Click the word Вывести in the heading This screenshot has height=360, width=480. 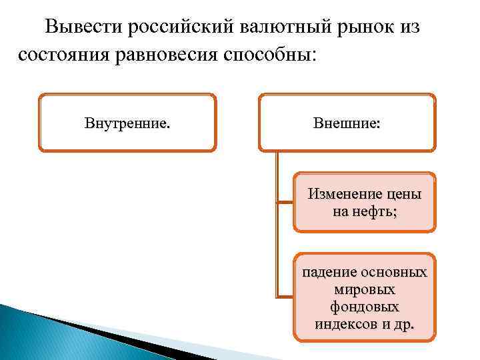[x=83, y=27]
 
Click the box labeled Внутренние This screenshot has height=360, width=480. [x=127, y=123]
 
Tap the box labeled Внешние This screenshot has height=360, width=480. [x=347, y=123]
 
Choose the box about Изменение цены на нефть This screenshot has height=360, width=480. [x=364, y=203]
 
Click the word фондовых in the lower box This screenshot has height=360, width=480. [x=364, y=307]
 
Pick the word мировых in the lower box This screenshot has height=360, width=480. [x=364, y=290]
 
